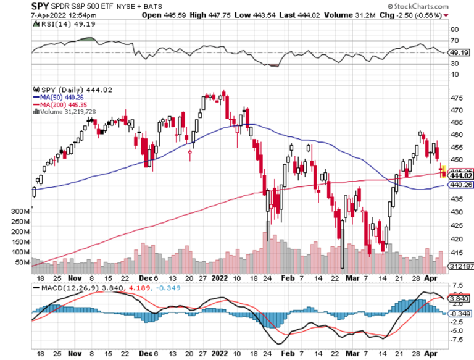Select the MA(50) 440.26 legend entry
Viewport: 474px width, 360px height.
pyautogui.click(x=58, y=96)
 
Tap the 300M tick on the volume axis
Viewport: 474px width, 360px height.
pyautogui.click(x=19, y=211)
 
